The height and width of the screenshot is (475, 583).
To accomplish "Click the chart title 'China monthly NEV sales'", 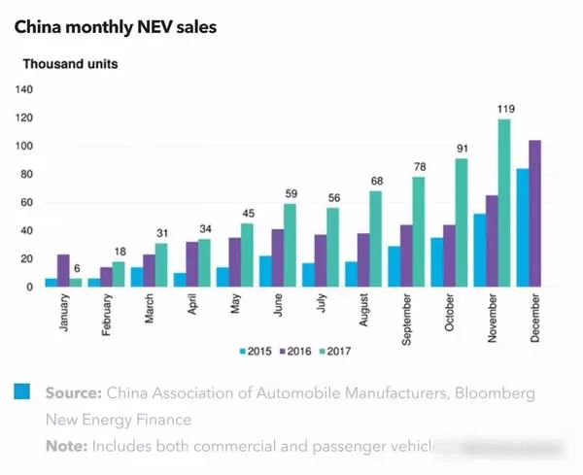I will (x=115, y=27).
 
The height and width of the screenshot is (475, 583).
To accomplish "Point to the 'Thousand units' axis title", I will (x=71, y=65).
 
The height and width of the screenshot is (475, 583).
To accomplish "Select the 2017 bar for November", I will (x=504, y=203).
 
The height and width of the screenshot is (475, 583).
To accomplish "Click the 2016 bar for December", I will (x=534, y=214).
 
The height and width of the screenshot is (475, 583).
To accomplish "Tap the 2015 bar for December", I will (x=522, y=228).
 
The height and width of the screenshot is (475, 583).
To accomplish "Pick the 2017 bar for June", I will (x=291, y=246).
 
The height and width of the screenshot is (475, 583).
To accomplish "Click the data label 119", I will (x=504, y=111).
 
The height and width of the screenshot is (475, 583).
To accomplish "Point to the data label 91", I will (x=462, y=150).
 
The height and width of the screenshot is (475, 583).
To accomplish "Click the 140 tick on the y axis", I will (x=24, y=89).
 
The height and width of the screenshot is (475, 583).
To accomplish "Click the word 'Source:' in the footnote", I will (x=72, y=394).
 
